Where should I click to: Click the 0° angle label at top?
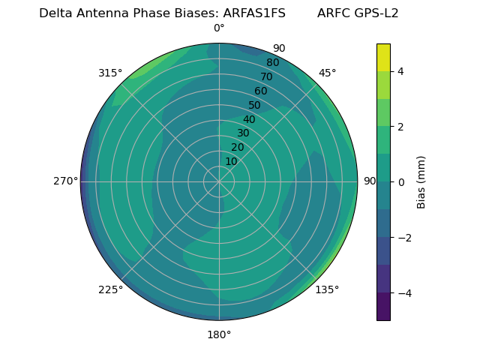pos(219,28)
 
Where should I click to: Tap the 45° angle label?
pos(327,73)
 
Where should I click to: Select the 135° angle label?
pos(327,289)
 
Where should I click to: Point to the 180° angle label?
pos(219,334)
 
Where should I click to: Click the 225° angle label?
pos(110,289)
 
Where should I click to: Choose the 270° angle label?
pos(65,181)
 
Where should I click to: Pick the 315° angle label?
pos(110,73)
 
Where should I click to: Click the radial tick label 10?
pos(231,161)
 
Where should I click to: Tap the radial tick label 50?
pos(255,105)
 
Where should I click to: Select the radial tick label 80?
pos(273,62)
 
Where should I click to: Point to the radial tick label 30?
pos(243,133)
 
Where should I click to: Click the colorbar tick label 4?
pos(400,71)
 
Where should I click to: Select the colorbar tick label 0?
pos(400,181)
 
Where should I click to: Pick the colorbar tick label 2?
pos(400,127)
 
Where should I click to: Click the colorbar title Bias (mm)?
pos(421,181)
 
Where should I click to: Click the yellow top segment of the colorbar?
pos(383,57)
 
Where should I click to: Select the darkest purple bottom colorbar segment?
pos(383,307)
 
